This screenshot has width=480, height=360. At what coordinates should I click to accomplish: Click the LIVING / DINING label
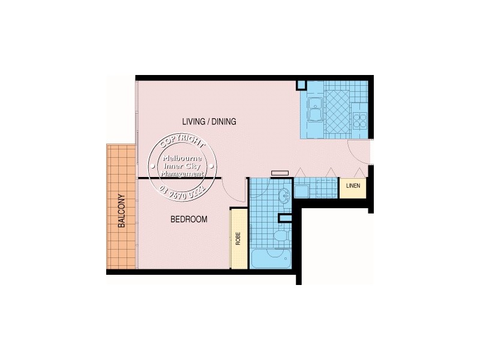209,122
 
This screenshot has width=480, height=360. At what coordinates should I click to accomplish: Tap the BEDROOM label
189,220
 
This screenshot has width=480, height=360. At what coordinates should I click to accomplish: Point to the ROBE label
238,238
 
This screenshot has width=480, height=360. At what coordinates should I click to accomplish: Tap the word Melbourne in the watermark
184,159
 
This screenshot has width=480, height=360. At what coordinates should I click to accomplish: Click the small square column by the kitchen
302,85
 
